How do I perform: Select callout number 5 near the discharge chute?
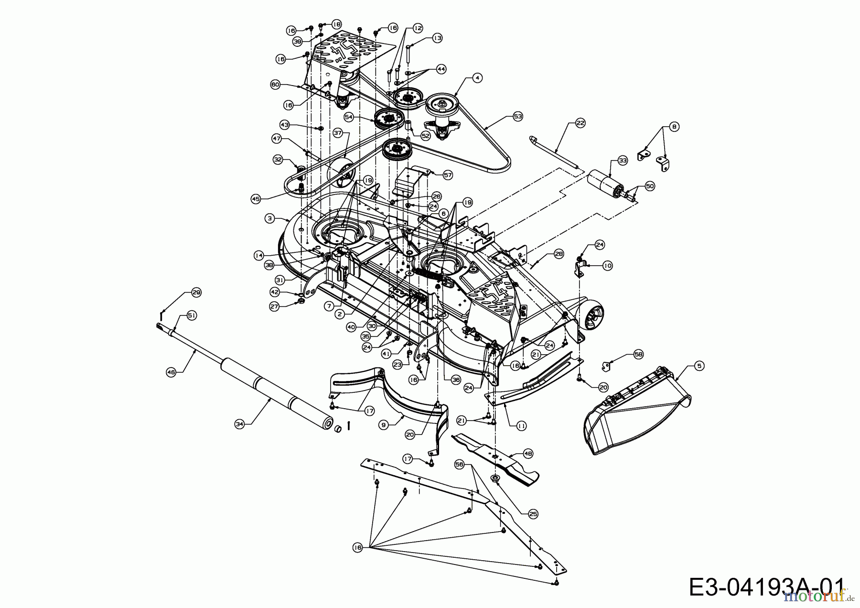(x=700, y=366)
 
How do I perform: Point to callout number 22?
(x=580, y=123)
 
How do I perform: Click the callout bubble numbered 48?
(x=528, y=453)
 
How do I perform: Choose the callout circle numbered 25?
(x=533, y=514)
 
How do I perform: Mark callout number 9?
(x=383, y=423)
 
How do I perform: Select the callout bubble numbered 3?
(x=270, y=218)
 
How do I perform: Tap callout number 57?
(x=448, y=175)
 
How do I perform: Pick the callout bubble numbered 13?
(x=438, y=38)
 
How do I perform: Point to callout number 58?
(x=639, y=354)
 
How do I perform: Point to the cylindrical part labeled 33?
(x=604, y=184)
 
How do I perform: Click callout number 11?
(x=522, y=425)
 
